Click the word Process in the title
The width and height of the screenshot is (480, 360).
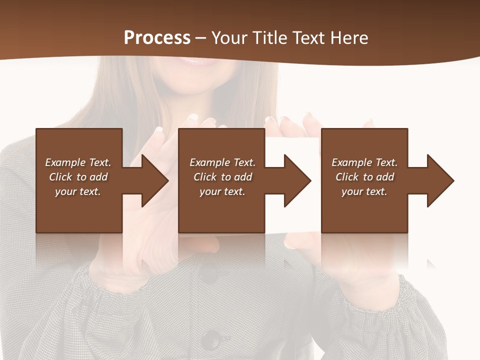coord(157,38)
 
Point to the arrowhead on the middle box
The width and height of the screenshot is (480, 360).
coord(293,180)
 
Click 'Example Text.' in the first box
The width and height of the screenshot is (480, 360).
coord(78,162)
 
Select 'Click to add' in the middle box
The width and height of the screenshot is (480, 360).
coord(222,177)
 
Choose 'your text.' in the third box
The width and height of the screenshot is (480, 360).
coord(364,191)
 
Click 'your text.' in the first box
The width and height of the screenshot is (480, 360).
coord(78,191)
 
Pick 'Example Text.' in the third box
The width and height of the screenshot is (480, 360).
coord(364,162)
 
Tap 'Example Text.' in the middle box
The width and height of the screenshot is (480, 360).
coord(222,162)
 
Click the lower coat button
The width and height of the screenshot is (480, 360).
coord(212,339)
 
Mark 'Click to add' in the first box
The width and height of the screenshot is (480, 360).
coord(78,177)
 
